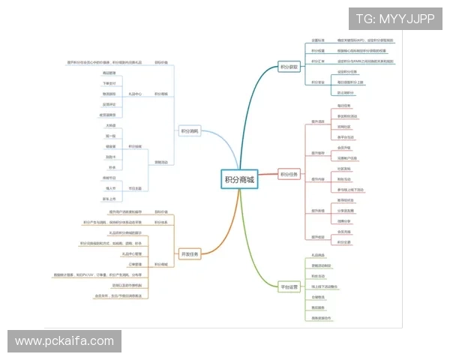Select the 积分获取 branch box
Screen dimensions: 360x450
coord(289,67)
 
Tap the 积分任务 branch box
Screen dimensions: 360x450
coord(289,175)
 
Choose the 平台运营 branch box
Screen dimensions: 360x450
coord(289,286)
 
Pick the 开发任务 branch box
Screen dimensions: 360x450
coord(190,254)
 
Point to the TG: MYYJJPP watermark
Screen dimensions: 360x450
coord(394,18)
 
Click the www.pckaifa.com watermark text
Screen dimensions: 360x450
coord(64,341)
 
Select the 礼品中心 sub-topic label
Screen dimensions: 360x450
coord(136,94)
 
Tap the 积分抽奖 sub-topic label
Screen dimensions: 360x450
coord(136,146)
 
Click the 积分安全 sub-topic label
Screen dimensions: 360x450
coord(318,82)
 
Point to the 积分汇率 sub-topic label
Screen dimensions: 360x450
coord(318,61)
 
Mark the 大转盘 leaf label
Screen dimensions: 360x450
coord(111,125)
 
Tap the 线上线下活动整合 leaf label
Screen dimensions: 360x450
coord(324,286)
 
